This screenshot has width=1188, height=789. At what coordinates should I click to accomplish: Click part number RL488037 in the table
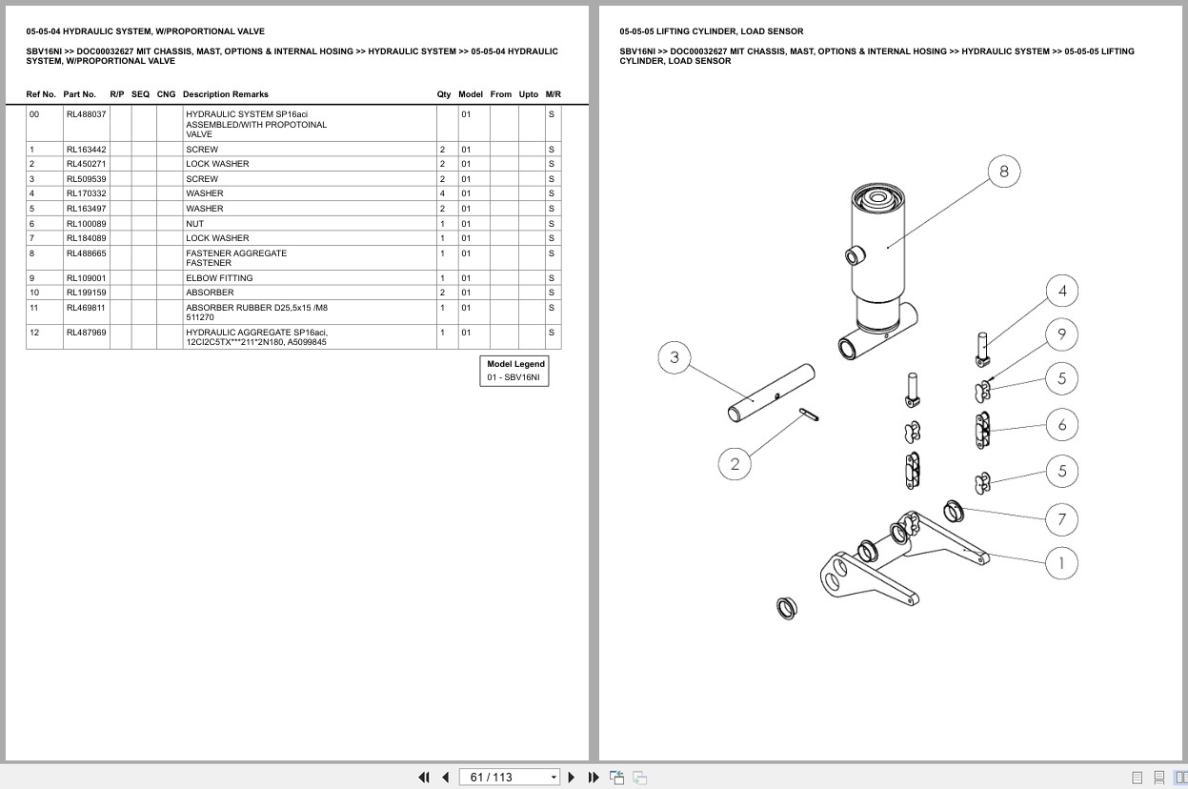coord(86,114)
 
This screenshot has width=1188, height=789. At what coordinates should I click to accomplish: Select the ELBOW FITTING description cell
coord(219,278)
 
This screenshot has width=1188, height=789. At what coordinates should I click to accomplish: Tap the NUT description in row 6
coord(194,224)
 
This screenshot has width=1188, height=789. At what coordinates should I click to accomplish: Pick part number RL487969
coord(86,333)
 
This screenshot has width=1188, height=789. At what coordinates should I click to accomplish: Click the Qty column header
coord(443,94)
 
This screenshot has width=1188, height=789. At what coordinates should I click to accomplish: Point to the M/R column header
coord(553,94)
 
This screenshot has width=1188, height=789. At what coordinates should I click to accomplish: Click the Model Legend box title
coord(515,364)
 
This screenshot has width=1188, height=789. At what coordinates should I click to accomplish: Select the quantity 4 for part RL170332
coord(442,193)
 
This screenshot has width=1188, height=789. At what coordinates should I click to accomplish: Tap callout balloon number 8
coord(1004,172)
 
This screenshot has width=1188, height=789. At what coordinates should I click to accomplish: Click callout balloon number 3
coord(675,357)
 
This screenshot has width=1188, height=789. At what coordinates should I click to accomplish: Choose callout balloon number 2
coord(735,464)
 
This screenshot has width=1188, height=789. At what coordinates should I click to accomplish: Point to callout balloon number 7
coord(1062,519)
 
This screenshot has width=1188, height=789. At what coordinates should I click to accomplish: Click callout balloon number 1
coord(1062,563)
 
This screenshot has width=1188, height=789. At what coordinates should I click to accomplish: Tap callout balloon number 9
coord(1062,334)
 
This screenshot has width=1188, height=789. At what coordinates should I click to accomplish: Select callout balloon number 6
coord(1062,425)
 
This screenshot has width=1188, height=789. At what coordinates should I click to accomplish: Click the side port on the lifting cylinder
coord(855,256)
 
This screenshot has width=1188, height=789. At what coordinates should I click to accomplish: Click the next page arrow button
coord(572,778)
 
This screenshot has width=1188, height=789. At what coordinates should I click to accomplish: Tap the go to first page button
coord(424,778)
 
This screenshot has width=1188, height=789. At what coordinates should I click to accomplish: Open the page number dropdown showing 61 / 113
coord(509,778)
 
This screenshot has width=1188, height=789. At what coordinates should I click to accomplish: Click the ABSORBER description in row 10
coord(210,293)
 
